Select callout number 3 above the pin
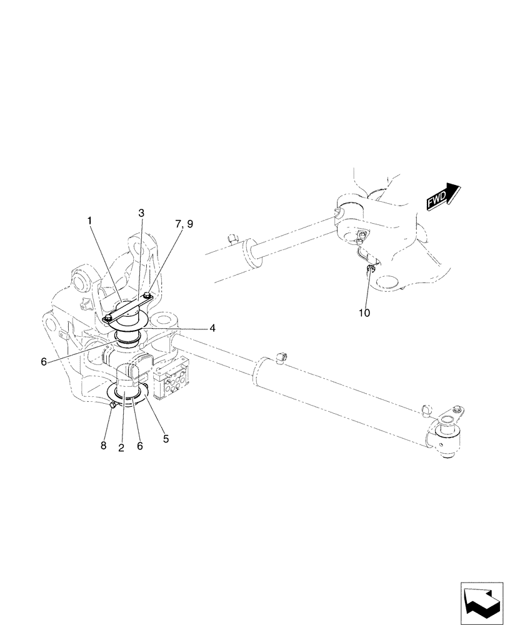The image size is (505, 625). [x=141, y=213]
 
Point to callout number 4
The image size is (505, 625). [x=212, y=327]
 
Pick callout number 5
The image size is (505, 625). [x=166, y=439]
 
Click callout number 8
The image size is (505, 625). [x=104, y=446]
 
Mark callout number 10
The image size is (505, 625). [x=364, y=312]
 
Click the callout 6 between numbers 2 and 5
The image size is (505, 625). [x=140, y=446]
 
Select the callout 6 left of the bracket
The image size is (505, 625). [x=44, y=362]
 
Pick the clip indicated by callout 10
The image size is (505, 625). [x=369, y=269]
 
